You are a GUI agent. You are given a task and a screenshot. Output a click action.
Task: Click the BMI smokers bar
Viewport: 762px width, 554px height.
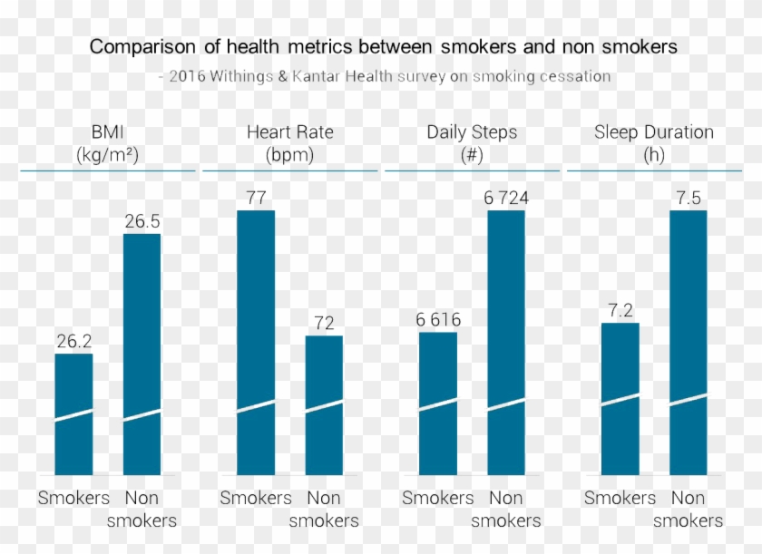click(x=73, y=413)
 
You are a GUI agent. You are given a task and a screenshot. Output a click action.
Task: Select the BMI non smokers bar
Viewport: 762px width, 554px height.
click(x=142, y=354)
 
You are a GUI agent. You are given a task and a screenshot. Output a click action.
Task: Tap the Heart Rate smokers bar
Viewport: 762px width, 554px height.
click(x=256, y=342)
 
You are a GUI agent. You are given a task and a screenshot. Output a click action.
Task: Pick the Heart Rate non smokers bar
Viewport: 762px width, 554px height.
click(x=324, y=404)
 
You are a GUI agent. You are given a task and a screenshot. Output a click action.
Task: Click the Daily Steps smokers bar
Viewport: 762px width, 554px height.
click(x=438, y=403)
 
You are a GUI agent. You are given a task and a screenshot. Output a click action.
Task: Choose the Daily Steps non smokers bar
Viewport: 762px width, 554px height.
click(x=506, y=342)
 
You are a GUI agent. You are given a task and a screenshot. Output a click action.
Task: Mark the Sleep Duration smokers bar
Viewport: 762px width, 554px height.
click(x=620, y=398)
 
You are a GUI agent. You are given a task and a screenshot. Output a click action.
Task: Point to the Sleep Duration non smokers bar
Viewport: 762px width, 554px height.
click(x=689, y=342)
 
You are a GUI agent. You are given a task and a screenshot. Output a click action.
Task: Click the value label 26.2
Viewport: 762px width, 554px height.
click(x=73, y=341)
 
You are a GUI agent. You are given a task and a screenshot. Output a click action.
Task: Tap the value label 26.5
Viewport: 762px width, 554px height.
click(x=142, y=221)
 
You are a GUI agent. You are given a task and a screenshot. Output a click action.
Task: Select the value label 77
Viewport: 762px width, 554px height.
click(x=256, y=198)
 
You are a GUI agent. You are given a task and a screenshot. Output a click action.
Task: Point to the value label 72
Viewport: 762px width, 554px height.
click(x=324, y=323)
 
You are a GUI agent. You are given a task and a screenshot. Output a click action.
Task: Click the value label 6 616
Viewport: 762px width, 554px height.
click(x=438, y=319)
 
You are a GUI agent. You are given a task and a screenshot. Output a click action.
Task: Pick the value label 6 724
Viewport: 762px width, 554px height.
click(x=506, y=198)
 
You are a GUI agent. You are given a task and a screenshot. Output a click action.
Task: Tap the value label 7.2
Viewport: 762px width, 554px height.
click(x=620, y=310)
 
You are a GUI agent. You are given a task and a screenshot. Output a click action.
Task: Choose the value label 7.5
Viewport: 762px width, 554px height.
click(x=689, y=198)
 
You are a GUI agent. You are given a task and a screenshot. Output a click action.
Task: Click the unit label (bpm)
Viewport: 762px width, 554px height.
click(x=289, y=154)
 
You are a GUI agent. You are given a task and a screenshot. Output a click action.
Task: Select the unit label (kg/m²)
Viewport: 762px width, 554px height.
click(x=108, y=154)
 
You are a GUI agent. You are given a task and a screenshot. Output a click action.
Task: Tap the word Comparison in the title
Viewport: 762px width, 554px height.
click(x=134, y=46)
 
